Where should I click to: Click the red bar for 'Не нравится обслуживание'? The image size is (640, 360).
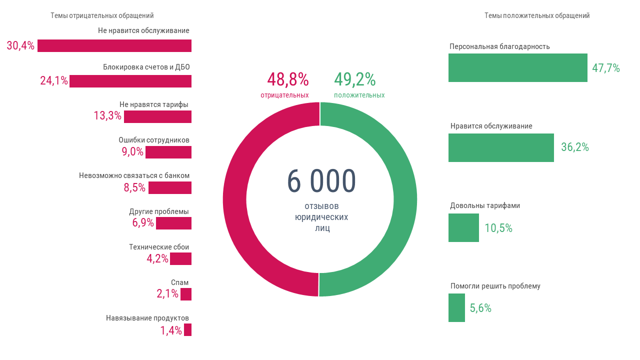(x=114, y=45)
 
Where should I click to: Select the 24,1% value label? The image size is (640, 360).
(x=54, y=81)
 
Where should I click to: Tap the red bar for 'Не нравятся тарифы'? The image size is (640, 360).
(x=157, y=116)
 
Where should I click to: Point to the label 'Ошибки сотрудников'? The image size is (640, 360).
(x=154, y=140)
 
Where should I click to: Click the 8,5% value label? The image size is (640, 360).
(x=134, y=188)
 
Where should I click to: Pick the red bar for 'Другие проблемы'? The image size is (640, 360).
(x=173, y=223)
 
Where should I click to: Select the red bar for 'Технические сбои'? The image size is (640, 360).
(x=180, y=258)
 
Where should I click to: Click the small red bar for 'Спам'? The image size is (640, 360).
(x=186, y=294)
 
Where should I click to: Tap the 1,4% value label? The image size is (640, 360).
(x=171, y=330)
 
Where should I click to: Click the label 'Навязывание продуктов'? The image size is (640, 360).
(x=147, y=318)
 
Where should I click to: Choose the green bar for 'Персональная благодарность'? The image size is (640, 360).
(x=517, y=67)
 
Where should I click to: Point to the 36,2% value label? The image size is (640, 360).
(x=575, y=147)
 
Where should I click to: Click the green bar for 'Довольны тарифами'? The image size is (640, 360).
(x=463, y=227)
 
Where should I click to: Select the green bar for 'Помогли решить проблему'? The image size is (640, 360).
(x=456, y=307)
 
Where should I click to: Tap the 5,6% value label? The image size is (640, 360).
(x=480, y=308)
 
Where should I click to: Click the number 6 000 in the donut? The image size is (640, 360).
(x=321, y=181)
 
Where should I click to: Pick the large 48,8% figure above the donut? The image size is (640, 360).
(x=287, y=79)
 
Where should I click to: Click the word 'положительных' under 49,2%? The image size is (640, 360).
(x=359, y=95)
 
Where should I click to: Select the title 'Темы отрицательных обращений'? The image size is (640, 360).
(x=102, y=15)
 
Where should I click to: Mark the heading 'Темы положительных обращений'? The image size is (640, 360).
(x=537, y=15)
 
